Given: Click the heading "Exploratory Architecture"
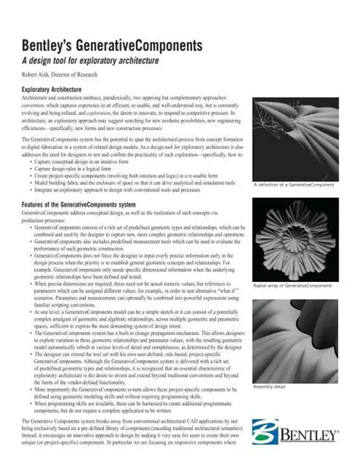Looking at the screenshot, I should coord(56,90).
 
